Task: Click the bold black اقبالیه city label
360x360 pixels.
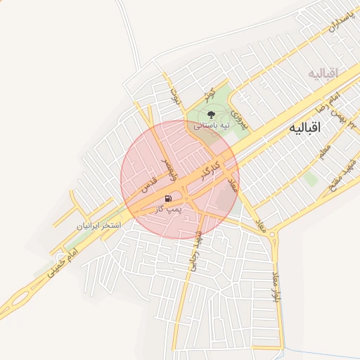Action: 305,129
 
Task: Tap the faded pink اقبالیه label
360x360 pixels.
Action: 323,73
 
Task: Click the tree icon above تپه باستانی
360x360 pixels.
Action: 210,113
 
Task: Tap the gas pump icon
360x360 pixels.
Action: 169,199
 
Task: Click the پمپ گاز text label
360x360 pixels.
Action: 169,209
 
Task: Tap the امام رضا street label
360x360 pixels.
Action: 330,102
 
